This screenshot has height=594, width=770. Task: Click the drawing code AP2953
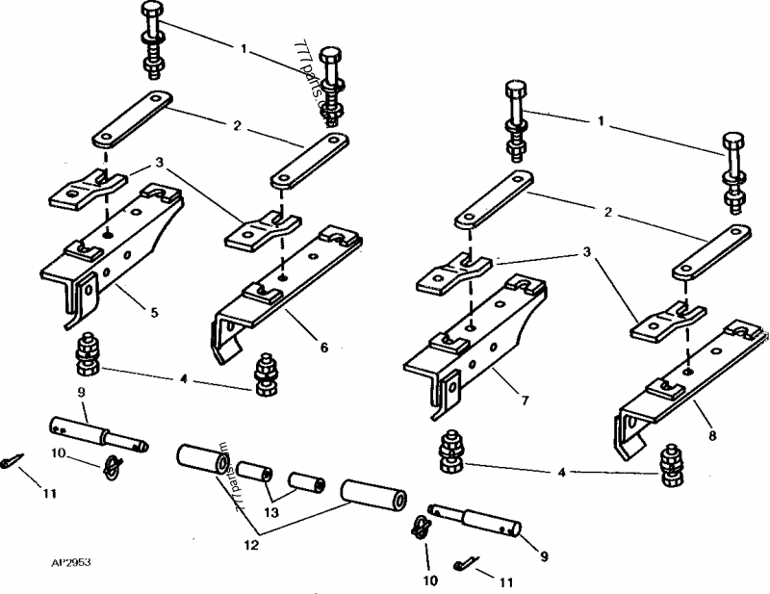(58, 558)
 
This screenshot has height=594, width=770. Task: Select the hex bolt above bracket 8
(735, 173)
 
